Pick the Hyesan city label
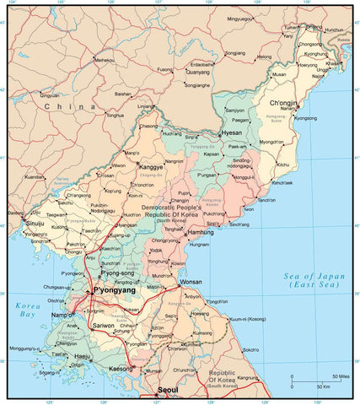point(231,133)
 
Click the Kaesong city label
point(121,369)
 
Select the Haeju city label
point(83,357)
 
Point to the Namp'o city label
point(64,314)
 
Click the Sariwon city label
point(102,325)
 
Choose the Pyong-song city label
point(117,273)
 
